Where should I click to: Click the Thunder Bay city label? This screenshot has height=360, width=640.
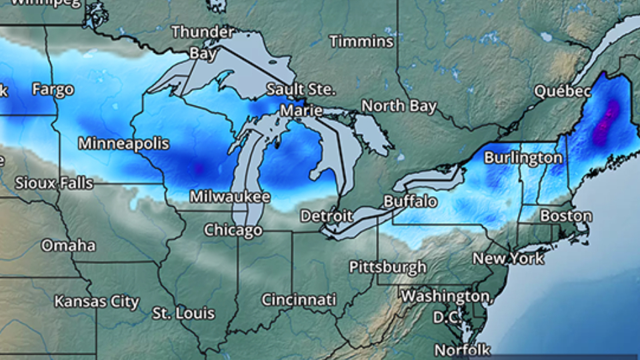[x=202, y=41]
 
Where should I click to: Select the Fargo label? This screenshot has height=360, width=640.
[x=53, y=89]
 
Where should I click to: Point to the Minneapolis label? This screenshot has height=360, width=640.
[x=123, y=143]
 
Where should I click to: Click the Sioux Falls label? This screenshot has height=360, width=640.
[x=54, y=183]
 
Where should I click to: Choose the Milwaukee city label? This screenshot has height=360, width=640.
[x=229, y=197]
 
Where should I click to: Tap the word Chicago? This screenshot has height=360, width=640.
[x=233, y=231]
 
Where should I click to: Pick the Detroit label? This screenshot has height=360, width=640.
[x=326, y=216]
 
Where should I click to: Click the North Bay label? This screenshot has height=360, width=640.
[x=399, y=106]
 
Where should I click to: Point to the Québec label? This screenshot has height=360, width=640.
[x=563, y=91]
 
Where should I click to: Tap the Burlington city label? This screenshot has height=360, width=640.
[x=523, y=158]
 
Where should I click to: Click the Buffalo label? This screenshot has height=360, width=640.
[x=410, y=201]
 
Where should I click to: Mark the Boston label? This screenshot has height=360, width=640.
[x=565, y=216]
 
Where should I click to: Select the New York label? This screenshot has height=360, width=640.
[x=508, y=258]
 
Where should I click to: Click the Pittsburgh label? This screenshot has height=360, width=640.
[x=387, y=267]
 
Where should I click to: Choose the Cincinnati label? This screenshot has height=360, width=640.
[x=298, y=300]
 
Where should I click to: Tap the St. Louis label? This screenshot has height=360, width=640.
[x=183, y=313]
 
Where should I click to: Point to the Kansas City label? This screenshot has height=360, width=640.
[x=97, y=301]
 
